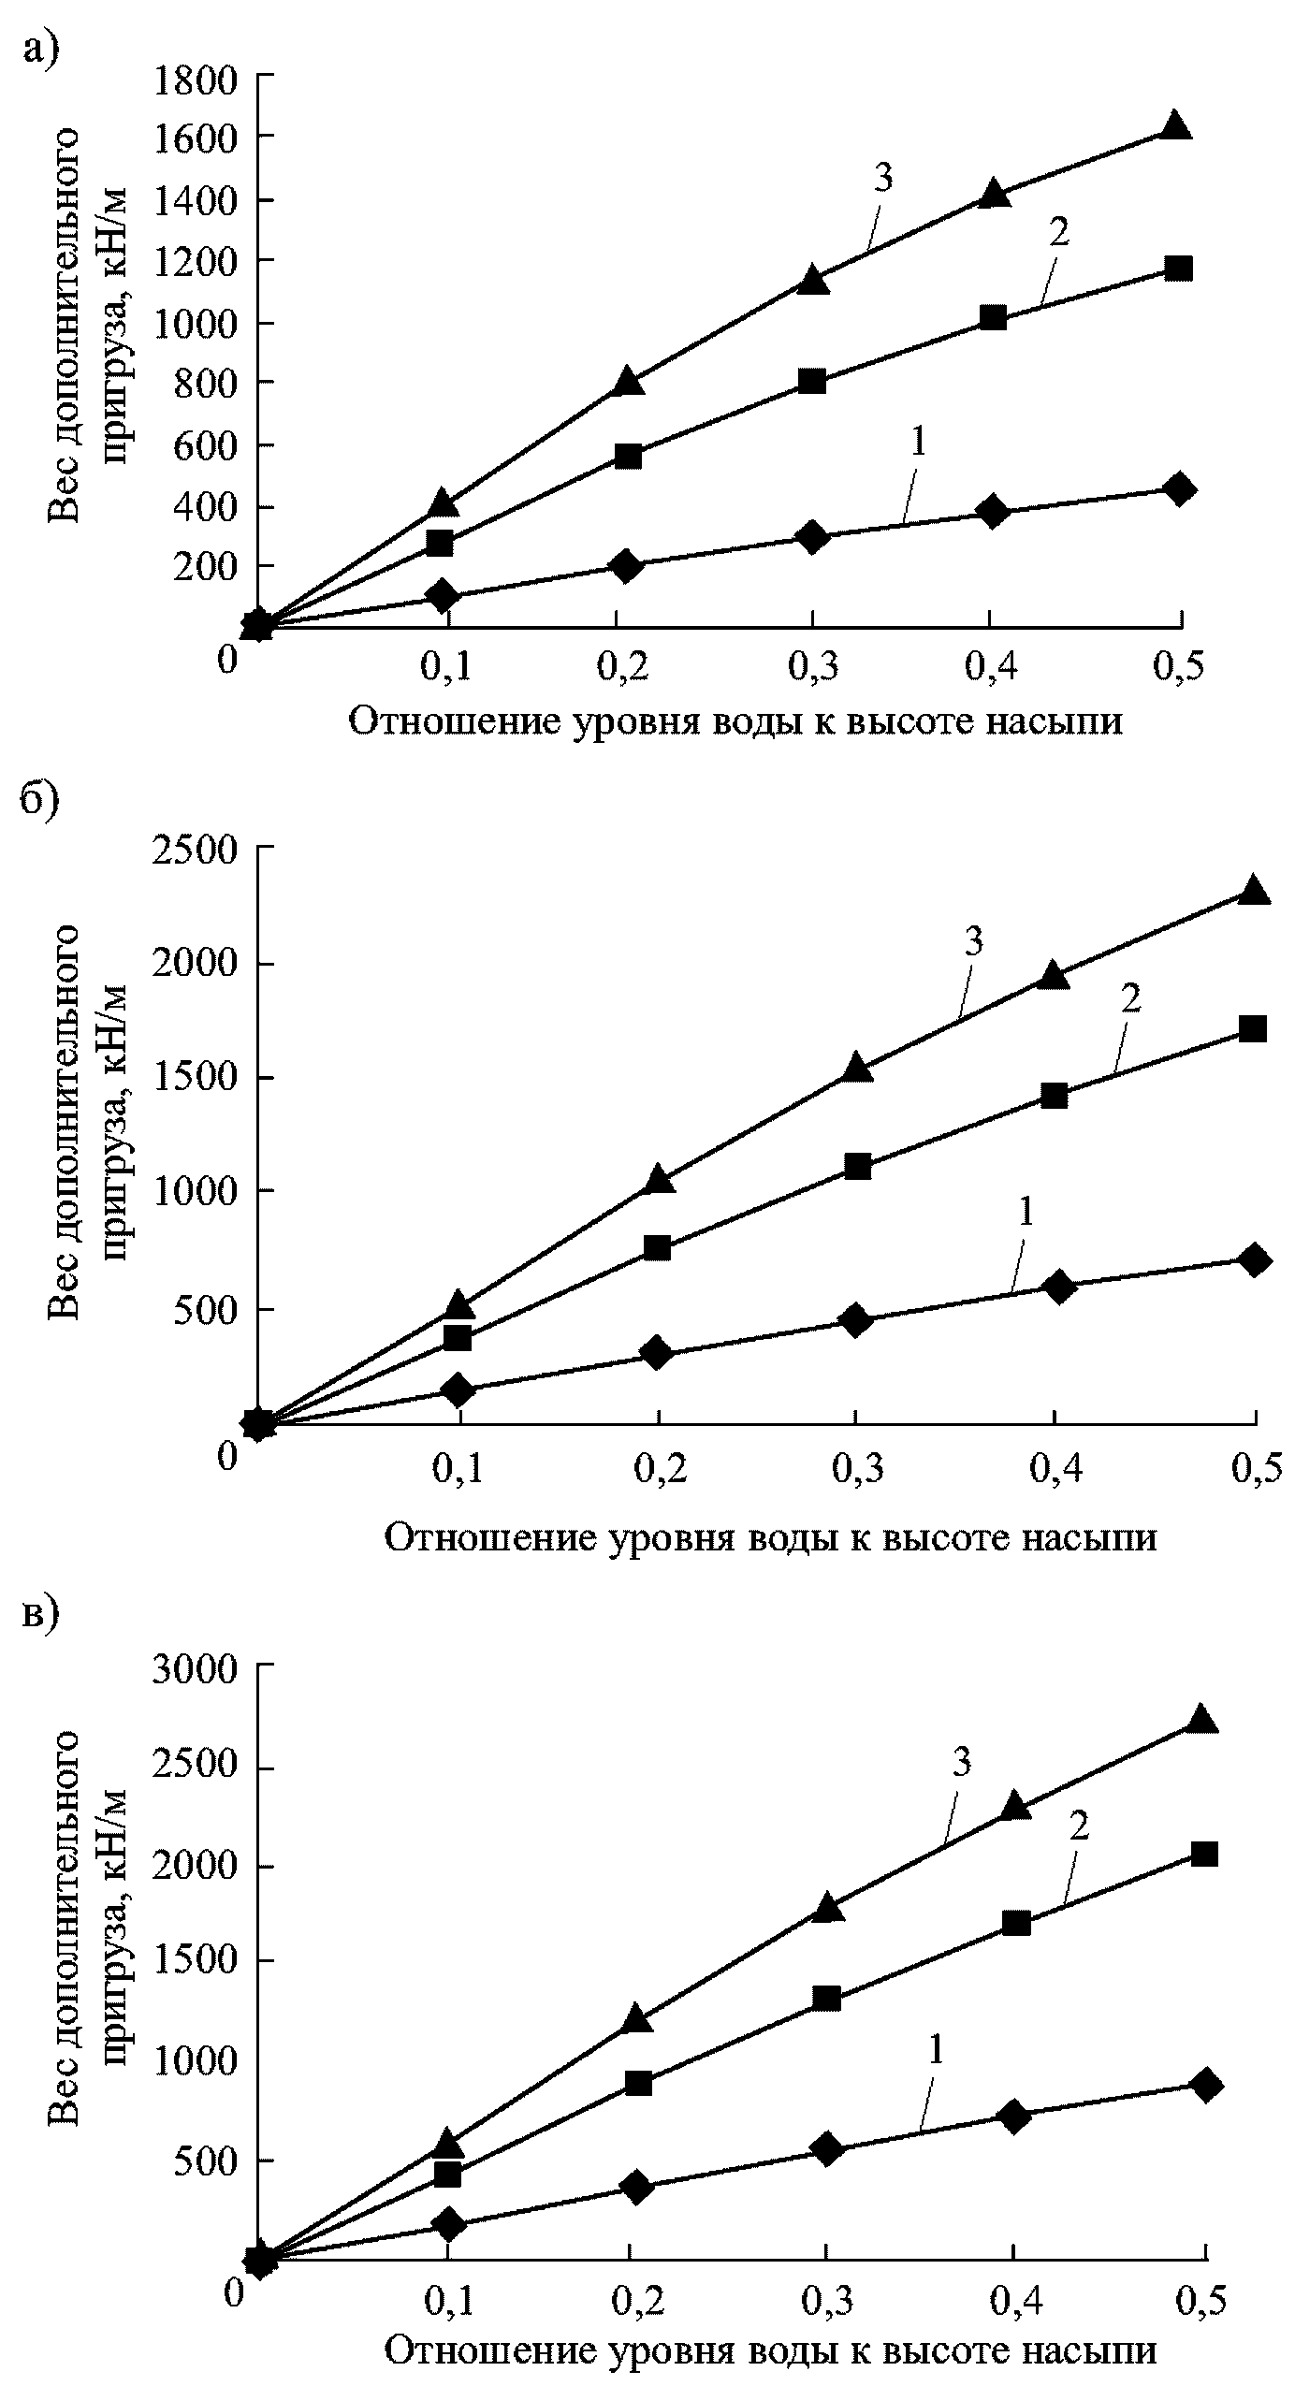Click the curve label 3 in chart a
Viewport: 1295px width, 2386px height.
[x=882, y=178]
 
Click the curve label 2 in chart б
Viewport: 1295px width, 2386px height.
[x=1130, y=1000]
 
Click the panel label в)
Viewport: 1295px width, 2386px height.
[x=39, y=1614]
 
